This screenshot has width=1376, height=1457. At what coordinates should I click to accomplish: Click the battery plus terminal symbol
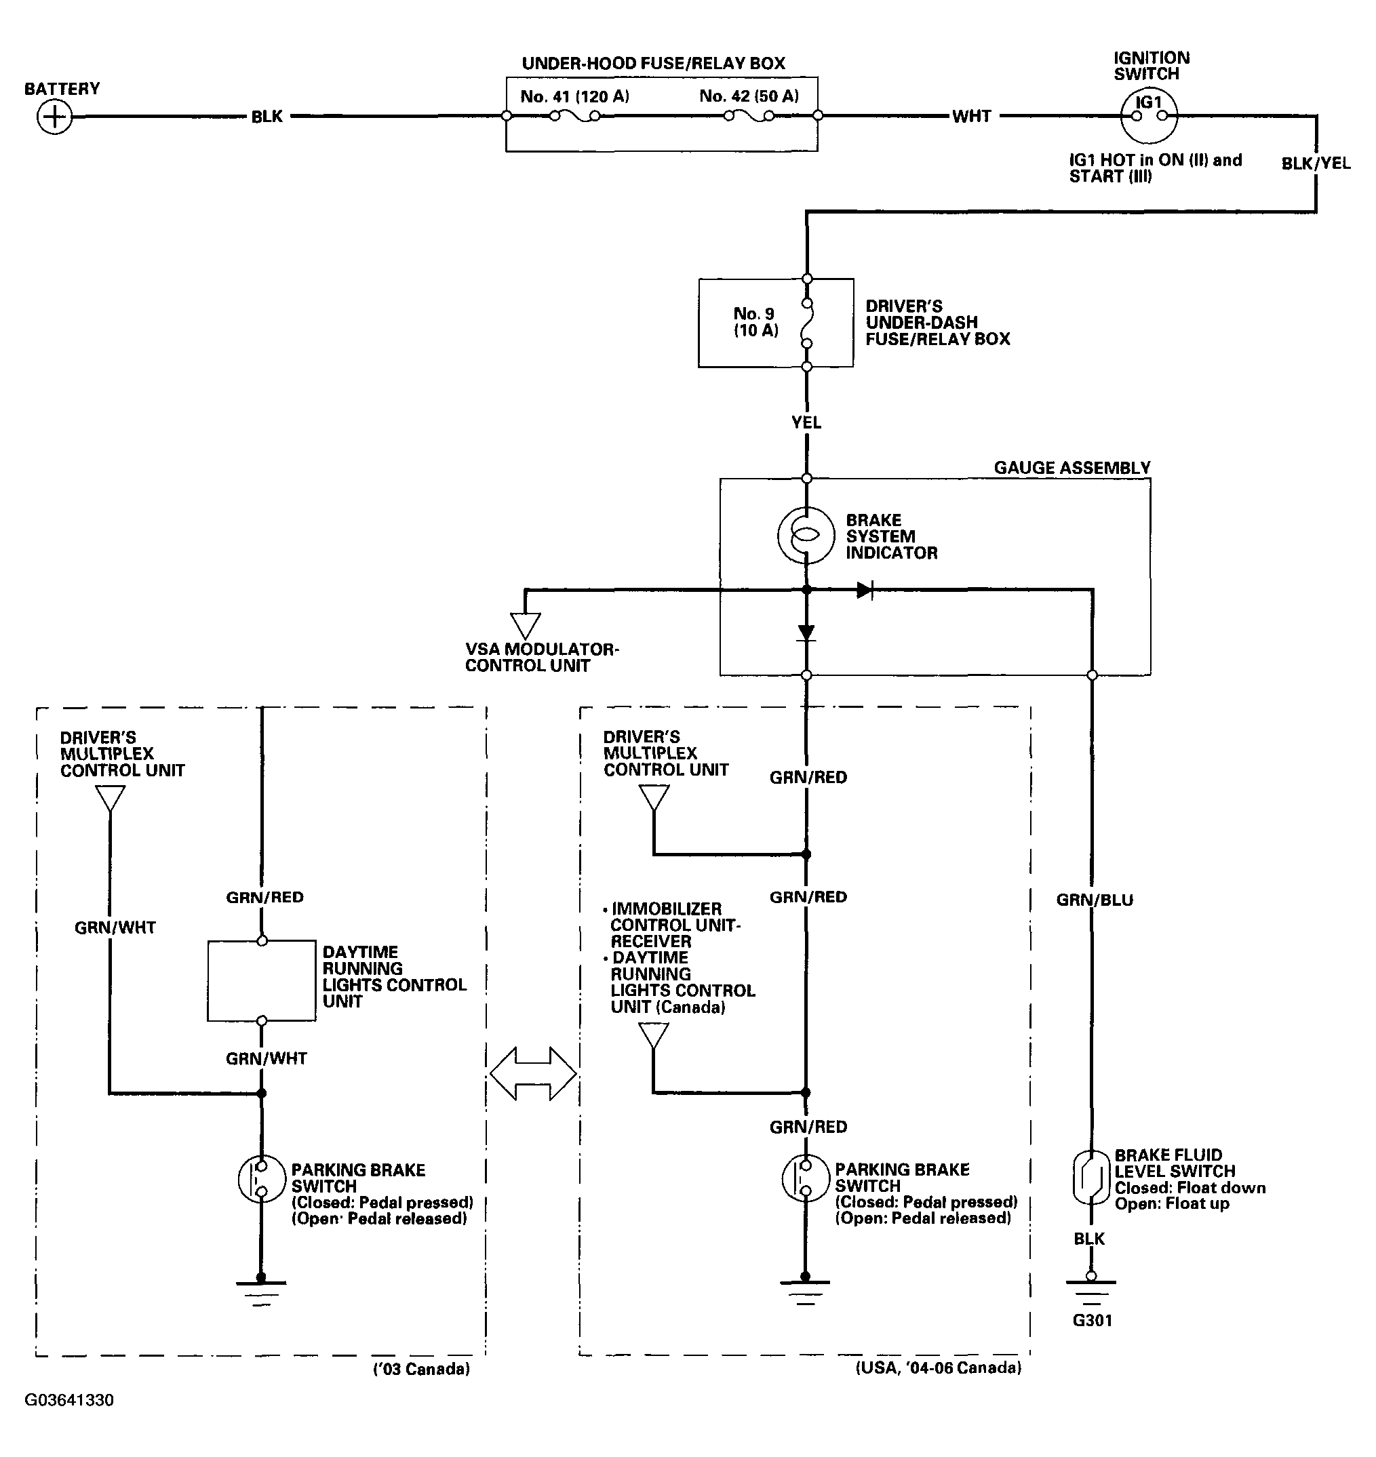[54, 117]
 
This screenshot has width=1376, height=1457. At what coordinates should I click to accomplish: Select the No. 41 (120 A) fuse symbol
[575, 116]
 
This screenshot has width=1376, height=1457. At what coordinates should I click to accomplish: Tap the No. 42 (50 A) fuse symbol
[749, 116]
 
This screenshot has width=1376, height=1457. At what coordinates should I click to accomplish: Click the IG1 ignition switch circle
[1149, 116]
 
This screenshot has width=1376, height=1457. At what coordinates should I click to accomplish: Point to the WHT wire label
[972, 116]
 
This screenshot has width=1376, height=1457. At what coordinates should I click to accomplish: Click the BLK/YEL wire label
[1316, 163]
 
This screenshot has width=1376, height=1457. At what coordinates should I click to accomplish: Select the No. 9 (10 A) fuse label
[755, 322]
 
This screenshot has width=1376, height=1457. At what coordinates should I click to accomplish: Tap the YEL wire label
[806, 422]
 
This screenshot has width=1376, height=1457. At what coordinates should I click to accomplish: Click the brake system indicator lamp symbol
[806, 536]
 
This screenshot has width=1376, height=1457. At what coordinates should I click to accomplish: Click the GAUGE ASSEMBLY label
[1072, 468]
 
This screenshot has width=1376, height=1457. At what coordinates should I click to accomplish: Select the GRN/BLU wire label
[1095, 900]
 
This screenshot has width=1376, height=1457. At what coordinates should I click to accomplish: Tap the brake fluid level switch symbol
[1091, 1178]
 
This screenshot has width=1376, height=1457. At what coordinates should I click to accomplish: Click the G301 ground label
[1092, 1321]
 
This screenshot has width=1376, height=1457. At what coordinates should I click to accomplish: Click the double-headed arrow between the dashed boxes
[533, 1073]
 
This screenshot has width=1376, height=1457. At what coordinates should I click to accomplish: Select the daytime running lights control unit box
[262, 980]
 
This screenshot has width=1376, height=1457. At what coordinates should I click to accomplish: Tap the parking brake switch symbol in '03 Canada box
[261, 1178]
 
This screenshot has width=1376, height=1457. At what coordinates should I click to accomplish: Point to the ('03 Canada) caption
[422, 1369]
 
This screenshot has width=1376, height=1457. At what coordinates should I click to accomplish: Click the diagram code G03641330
[69, 1400]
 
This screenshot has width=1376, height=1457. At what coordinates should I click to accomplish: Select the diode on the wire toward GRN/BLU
[865, 590]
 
